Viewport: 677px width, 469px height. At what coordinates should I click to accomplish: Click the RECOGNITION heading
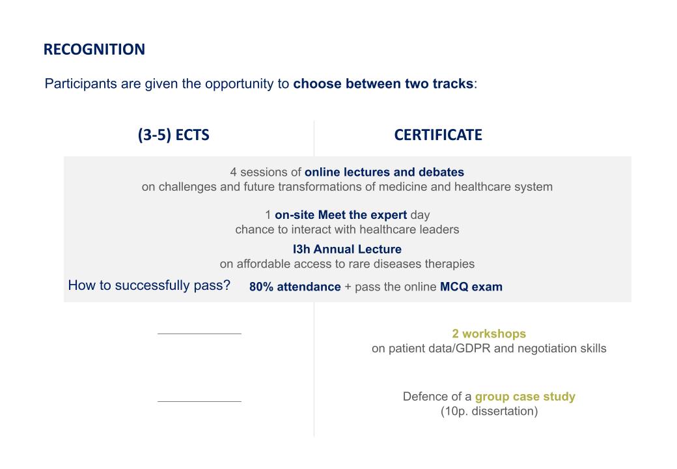[x=94, y=50]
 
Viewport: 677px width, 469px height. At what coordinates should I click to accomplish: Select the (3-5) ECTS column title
[x=174, y=135]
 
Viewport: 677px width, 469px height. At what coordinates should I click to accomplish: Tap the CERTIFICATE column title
[x=438, y=135]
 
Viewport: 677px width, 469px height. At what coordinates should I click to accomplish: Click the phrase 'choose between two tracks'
[x=383, y=83]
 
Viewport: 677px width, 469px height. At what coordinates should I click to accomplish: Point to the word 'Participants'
[x=81, y=83]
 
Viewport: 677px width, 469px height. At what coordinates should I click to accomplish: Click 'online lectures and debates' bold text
[x=384, y=172]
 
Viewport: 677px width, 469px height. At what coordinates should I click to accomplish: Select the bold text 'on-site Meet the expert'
[x=340, y=215]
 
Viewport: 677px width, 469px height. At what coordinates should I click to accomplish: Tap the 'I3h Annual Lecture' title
[x=347, y=249]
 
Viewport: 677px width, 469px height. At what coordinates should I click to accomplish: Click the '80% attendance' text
[x=295, y=287]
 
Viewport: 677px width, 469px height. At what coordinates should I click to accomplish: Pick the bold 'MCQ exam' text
[x=471, y=287]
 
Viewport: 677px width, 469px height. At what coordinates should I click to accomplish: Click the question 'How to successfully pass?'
[x=149, y=285]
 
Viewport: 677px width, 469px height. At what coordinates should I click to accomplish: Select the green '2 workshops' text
[x=489, y=334]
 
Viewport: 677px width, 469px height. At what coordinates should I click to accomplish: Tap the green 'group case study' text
[x=525, y=397]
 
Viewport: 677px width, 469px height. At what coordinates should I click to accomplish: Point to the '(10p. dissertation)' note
[x=489, y=411]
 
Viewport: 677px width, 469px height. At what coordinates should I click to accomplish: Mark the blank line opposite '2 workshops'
[x=199, y=334]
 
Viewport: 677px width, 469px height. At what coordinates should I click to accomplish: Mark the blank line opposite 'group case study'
[x=199, y=402]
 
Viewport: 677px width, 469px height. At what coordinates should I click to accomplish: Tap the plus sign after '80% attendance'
[x=348, y=287]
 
